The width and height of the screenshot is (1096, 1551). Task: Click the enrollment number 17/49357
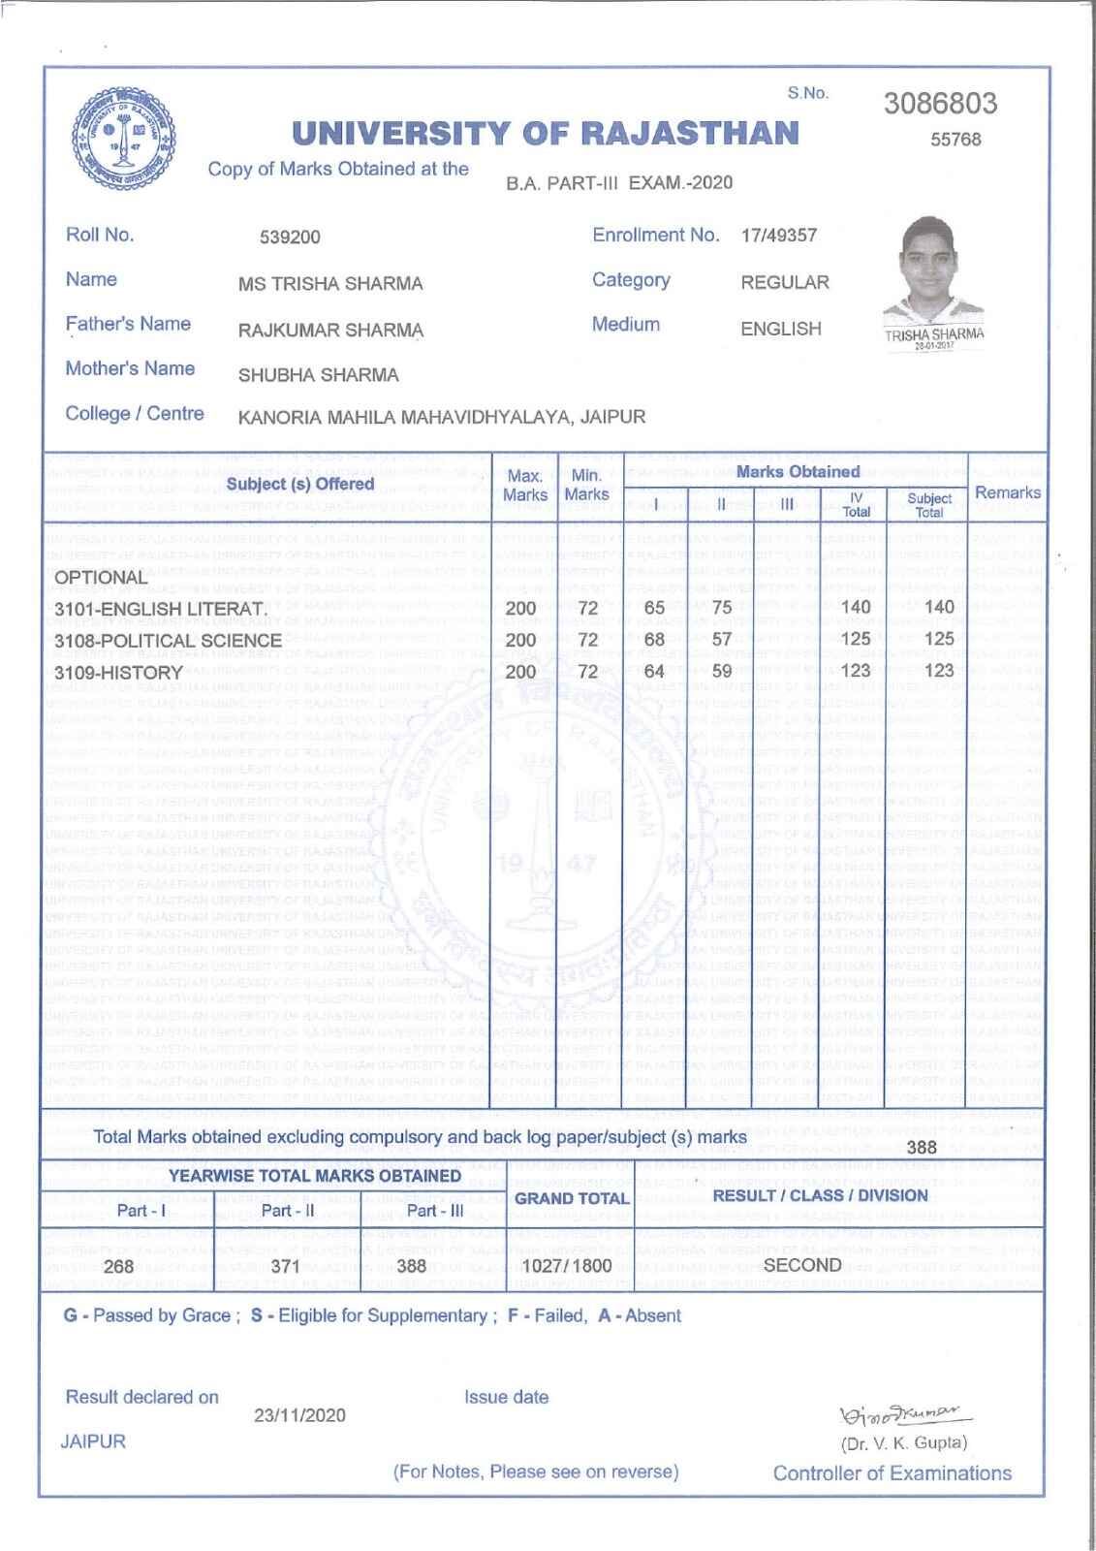[779, 236]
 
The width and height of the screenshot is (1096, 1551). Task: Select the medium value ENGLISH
[780, 330]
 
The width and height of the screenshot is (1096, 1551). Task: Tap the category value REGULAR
[785, 283]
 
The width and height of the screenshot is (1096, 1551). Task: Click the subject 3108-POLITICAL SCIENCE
[168, 641]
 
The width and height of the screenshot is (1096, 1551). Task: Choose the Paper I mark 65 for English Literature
[654, 608]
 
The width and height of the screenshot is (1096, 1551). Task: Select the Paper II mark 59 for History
[721, 671]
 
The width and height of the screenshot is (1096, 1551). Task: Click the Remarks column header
[1007, 492]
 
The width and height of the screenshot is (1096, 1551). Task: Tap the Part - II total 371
[286, 1266]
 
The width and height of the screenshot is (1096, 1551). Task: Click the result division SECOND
[802, 1265]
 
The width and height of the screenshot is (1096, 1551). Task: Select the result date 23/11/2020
[299, 1416]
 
